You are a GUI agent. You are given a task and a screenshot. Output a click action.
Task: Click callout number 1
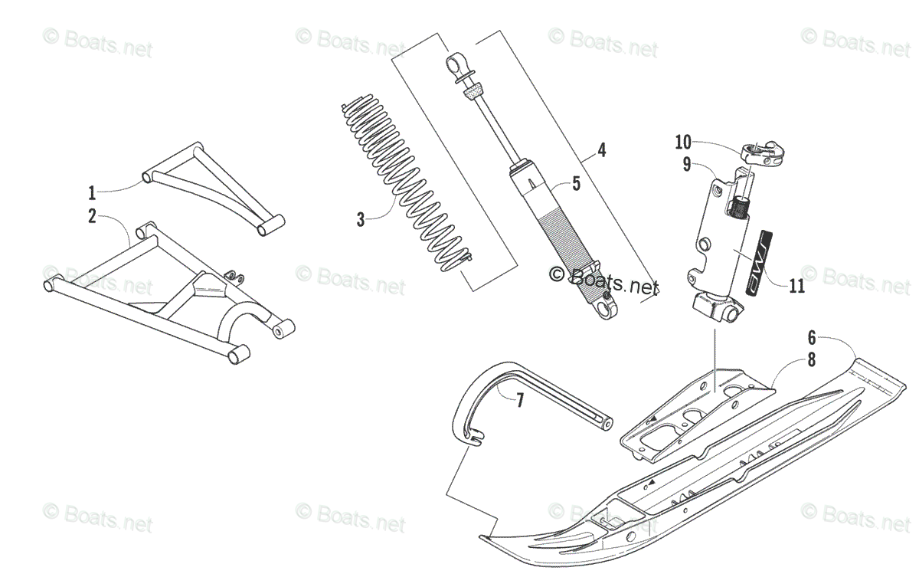pos(92,192)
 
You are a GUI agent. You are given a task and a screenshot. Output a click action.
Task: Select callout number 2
pos(92,216)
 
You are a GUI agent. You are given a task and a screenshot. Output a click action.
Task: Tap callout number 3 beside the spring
pos(361,220)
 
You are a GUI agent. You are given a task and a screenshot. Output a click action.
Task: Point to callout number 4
pos(602,150)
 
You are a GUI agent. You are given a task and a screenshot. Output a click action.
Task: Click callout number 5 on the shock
pos(577,183)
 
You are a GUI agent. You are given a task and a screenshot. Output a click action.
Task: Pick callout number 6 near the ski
pos(812,336)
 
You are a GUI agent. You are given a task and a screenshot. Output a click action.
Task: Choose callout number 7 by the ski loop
pos(519,400)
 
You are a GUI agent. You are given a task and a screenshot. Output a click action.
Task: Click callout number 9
pos(687,162)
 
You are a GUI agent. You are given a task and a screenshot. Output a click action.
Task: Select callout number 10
pos(683,142)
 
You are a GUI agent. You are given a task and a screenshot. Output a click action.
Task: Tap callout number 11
pos(796,286)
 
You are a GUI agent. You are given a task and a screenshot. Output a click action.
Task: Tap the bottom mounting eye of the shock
pos(608,308)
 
